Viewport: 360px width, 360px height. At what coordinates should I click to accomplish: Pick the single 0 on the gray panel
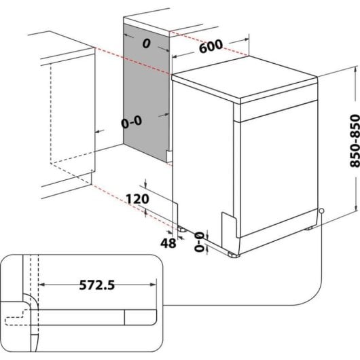(145, 44)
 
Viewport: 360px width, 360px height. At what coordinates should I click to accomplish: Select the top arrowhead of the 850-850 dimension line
(355, 67)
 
